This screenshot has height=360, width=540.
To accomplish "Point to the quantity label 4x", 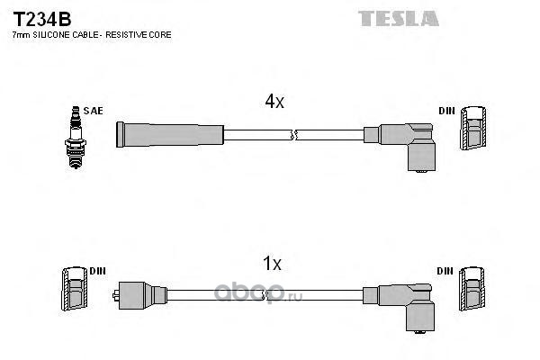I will click(x=274, y=102).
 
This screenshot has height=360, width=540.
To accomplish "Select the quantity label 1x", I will click(x=272, y=264).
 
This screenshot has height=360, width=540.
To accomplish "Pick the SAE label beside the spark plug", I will click(x=93, y=111).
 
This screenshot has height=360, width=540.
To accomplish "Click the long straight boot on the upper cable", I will click(x=169, y=134).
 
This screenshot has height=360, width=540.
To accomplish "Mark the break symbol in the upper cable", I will click(x=292, y=135).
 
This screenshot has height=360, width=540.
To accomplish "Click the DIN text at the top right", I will click(x=447, y=111).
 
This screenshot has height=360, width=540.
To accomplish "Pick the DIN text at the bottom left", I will click(x=97, y=270).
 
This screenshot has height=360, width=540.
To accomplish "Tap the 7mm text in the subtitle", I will click(x=20, y=34).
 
